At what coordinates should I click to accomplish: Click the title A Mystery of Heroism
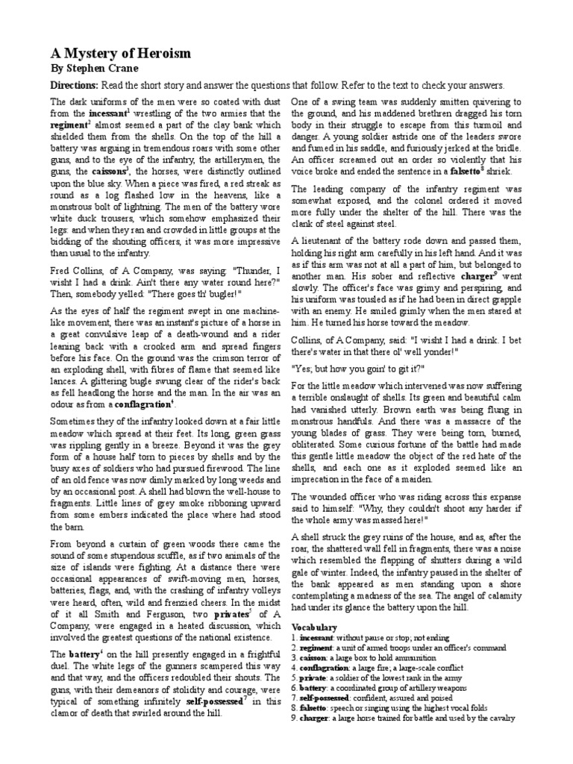pos(120,54)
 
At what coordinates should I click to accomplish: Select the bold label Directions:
pos(74,85)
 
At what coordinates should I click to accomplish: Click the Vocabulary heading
pos(314,627)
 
